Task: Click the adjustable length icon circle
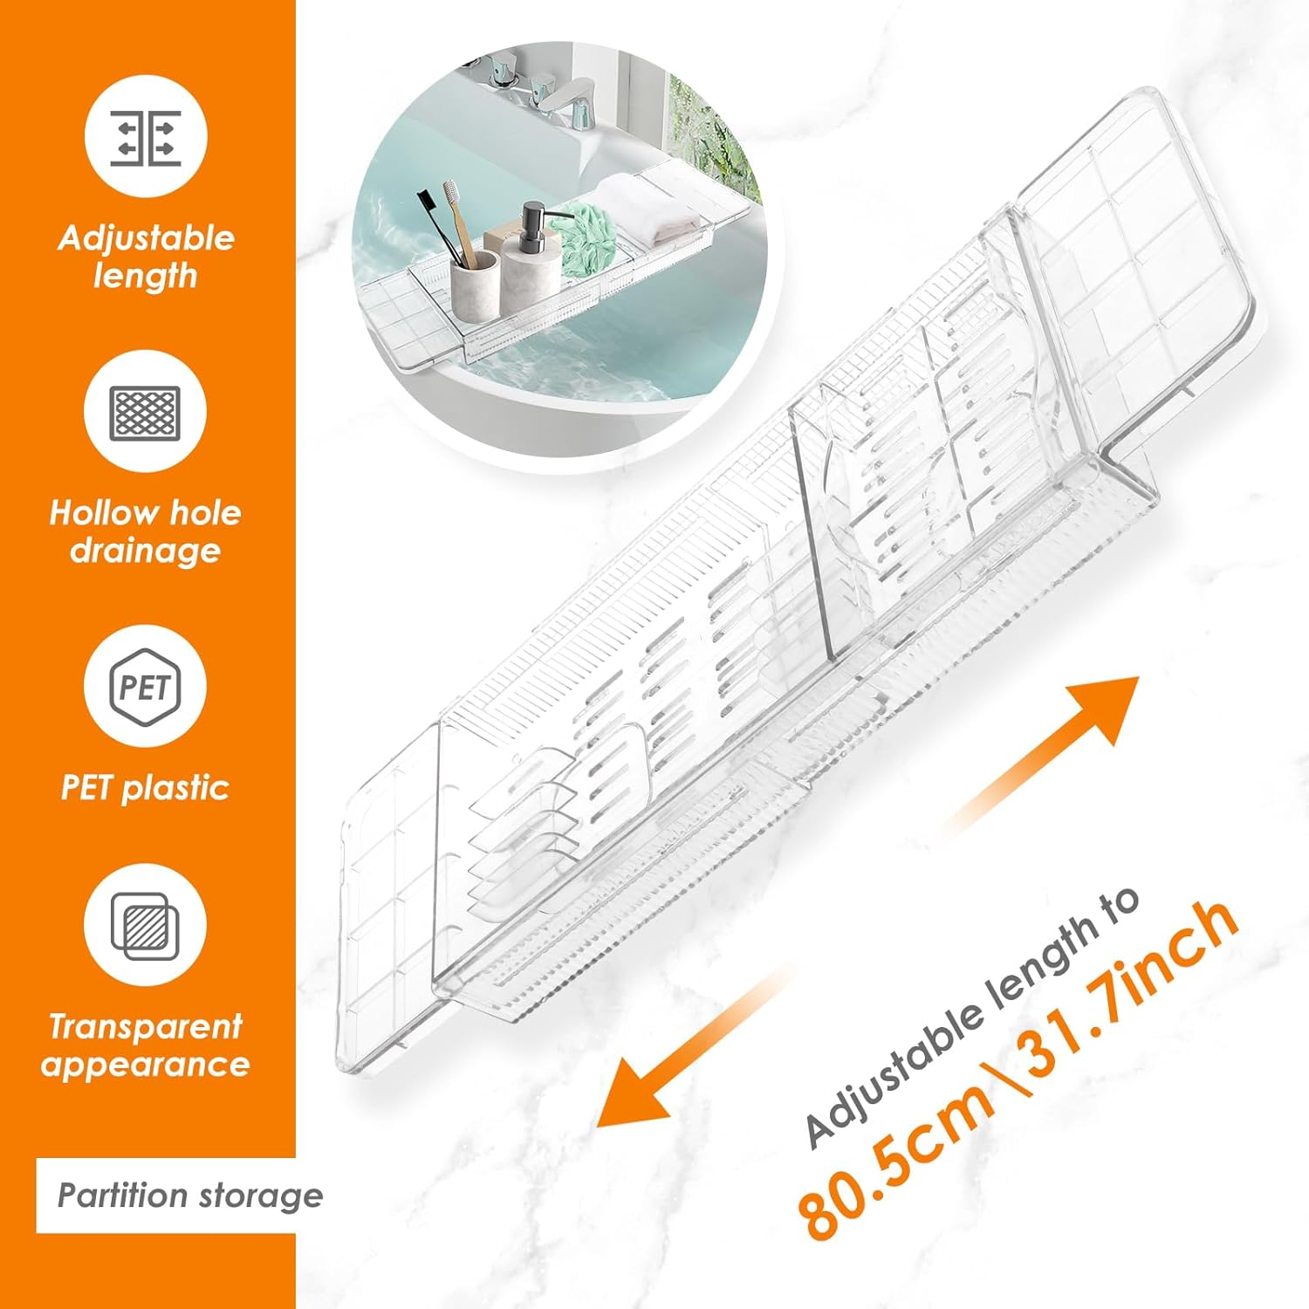click(146, 137)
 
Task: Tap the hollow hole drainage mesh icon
click(146, 412)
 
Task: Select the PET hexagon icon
click(145, 687)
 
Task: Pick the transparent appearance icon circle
click(145, 925)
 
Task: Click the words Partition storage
click(189, 1195)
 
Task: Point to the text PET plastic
click(145, 787)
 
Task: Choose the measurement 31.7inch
click(1134, 986)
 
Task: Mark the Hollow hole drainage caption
click(145, 531)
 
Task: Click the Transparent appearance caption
click(145, 1045)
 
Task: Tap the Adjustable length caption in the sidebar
click(146, 257)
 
